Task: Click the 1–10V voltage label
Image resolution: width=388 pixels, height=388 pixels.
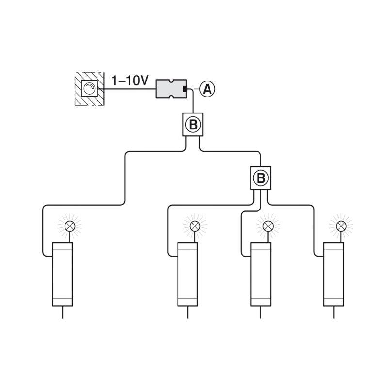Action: point(130,81)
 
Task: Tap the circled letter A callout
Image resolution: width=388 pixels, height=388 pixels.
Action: point(208,89)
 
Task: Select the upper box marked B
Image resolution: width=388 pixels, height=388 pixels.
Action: point(193,125)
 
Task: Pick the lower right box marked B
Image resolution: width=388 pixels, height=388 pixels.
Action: point(260,178)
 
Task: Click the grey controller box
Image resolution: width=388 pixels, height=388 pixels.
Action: point(171,89)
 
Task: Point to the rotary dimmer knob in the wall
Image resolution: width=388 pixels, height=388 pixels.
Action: point(89,89)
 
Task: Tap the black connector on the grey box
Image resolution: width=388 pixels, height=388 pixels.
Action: point(185,89)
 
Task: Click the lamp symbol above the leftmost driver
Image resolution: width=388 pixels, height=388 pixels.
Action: point(70,226)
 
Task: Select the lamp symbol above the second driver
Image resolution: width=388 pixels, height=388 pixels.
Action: point(195,226)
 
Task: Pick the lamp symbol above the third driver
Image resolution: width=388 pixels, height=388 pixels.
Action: point(268,226)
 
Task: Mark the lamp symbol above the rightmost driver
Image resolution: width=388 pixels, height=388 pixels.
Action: point(341,226)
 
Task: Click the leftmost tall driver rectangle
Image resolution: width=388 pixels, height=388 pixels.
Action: point(63,274)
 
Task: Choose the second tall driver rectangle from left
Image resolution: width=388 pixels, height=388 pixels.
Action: point(188,274)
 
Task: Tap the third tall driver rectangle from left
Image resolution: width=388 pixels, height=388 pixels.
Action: point(260,274)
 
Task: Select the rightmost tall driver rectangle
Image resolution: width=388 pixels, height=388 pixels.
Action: point(334,274)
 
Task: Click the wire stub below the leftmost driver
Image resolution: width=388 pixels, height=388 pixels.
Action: point(63,312)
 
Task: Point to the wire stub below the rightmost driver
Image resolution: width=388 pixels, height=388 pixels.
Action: point(334,312)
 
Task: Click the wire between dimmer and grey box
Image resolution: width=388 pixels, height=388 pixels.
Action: point(127,89)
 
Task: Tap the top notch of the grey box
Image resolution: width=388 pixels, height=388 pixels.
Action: point(171,81)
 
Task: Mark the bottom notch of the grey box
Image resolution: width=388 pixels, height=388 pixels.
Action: point(171,97)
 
